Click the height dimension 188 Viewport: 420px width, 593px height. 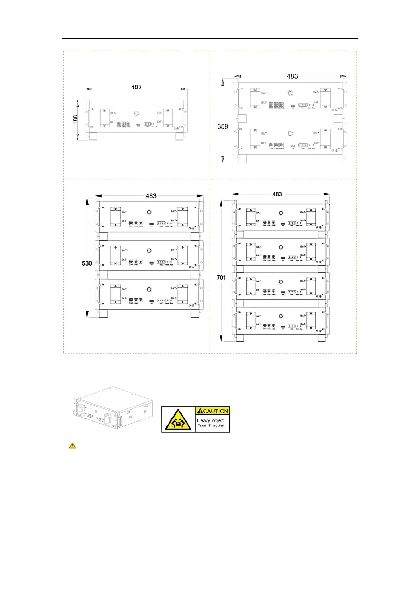click(75, 120)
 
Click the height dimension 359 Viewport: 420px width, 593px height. click(223, 126)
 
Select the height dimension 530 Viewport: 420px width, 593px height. click(87, 263)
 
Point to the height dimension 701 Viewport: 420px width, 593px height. click(221, 277)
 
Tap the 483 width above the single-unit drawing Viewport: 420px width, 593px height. click(136, 87)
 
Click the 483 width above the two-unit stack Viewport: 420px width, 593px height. click(292, 76)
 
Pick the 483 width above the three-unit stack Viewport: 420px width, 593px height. click(151, 196)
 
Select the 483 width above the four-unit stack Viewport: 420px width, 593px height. click(277, 194)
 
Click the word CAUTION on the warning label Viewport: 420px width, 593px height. click(213, 411)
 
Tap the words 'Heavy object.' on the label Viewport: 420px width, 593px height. click(211, 420)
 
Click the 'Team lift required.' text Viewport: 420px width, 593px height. click(211, 426)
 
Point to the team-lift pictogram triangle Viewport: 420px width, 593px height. click(178, 420)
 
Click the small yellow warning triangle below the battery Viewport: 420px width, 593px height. click(72, 445)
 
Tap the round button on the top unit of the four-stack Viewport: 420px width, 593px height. click(281, 213)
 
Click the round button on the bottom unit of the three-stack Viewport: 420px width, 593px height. click(149, 289)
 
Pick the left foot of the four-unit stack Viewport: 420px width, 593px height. click(239, 338)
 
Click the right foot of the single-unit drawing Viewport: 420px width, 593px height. click(179, 137)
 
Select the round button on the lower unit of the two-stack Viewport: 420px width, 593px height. click(290, 133)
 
